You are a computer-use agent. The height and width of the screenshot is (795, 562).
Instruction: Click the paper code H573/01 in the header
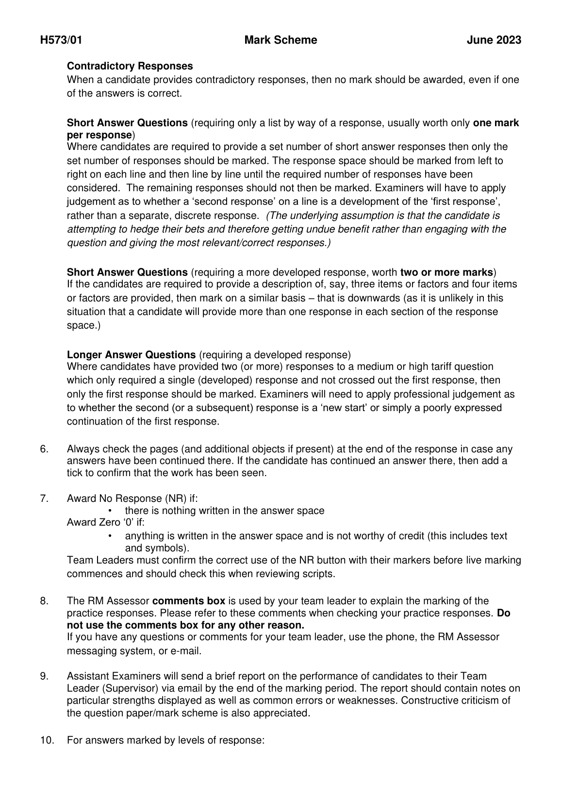tap(61, 40)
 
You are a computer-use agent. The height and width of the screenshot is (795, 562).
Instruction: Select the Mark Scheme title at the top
tap(281, 40)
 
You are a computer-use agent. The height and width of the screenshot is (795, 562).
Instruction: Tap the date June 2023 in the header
tap(494, 40)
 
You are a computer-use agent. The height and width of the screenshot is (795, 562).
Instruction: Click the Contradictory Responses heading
tap(130, 66)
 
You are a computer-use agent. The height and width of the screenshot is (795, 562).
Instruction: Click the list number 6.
tap(44, 449)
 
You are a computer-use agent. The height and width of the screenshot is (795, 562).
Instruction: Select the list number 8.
tap(44, 601)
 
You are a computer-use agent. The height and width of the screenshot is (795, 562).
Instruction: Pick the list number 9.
tap(44, 676)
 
